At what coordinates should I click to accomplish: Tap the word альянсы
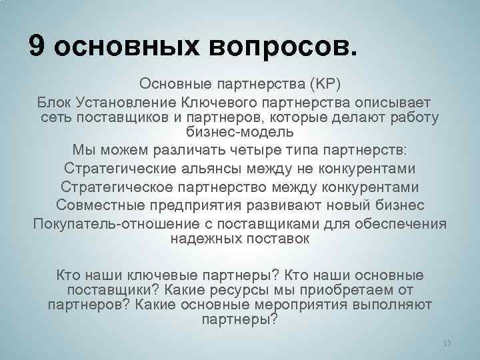(206, 167)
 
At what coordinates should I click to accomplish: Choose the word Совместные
(99, 205)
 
